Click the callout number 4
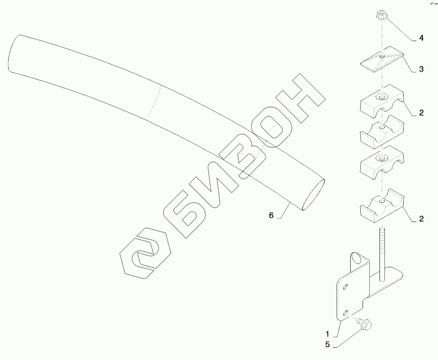[421, 38]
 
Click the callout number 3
[421, 69]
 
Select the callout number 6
[271, 215]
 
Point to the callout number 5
[327, 344]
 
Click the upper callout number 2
[421, 112]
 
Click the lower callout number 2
[421, 219]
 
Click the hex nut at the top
[381, 16]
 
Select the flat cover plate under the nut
[382, 58]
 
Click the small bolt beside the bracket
[364, 323]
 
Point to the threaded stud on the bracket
[382, 251]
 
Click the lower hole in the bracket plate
[346, 313]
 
